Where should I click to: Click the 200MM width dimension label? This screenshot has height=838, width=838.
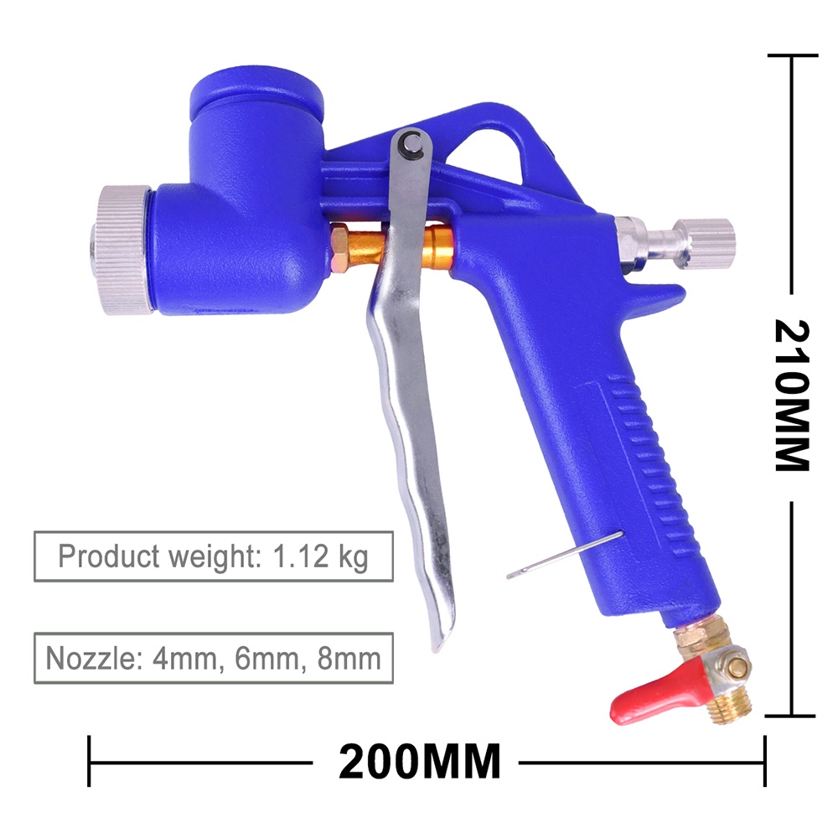point(420,762)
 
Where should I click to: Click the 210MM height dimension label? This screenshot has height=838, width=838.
point(792,396)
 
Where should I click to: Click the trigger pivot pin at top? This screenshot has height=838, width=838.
point(412,144)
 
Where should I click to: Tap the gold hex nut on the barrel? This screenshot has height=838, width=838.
point(340,248)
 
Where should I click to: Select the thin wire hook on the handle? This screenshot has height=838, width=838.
point(565,555)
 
